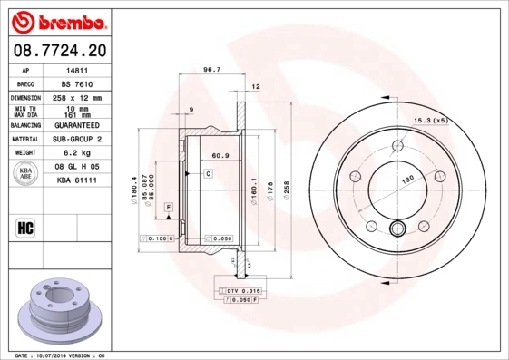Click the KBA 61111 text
click(77, 181)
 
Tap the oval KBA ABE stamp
click(26, 174)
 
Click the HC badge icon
click(26, 227)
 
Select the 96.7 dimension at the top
click(211, 69)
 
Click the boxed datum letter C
click(208, 172)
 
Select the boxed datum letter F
click(169, 209)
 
